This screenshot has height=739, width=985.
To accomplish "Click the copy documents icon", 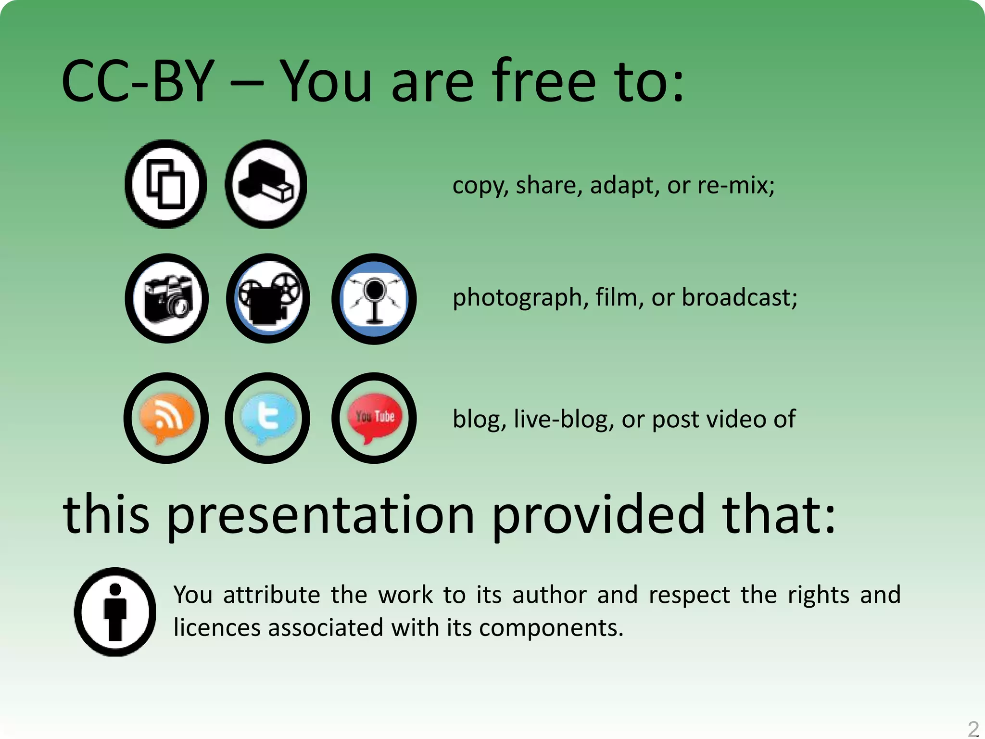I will click(166, 184).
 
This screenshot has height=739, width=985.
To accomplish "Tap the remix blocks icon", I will click(266, 184).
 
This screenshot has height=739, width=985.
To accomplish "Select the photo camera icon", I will click(167, 298).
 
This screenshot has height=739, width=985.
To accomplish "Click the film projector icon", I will click(268, 298).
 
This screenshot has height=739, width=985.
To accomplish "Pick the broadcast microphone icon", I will click(374, 299).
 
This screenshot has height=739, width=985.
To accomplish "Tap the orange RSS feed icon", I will click(166, 418).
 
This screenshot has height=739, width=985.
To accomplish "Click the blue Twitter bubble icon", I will click(267, 418).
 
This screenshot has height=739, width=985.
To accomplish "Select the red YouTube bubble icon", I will click(374, 418).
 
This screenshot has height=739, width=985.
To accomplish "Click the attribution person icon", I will click(115, 612).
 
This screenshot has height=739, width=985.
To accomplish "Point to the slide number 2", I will click(973, 729).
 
